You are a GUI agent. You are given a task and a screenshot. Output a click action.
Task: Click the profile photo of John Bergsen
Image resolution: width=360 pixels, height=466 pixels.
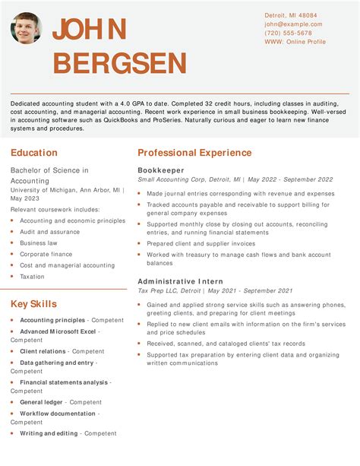click(x=27, y=28)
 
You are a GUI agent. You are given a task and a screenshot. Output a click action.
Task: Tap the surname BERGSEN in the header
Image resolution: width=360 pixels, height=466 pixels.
click(x=120, y=63)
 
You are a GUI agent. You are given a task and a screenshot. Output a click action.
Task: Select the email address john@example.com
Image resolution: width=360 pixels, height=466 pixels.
click(x=293, y=24)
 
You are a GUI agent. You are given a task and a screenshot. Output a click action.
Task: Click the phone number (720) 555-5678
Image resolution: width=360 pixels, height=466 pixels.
click(x=288, y=33)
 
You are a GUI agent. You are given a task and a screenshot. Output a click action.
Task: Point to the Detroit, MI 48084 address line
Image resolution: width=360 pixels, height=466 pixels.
click(x=291, y=15)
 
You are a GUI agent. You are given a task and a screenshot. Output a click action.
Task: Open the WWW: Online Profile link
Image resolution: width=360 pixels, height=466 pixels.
click(x=294, y=43)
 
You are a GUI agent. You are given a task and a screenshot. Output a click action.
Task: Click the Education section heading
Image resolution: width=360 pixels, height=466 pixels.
click(x=34, y=153)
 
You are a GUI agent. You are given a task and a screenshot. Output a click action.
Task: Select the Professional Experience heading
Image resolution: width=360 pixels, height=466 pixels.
click(x=194, y=153)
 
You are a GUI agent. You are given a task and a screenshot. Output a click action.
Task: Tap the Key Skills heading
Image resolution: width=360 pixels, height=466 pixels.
click(x=33, y=304)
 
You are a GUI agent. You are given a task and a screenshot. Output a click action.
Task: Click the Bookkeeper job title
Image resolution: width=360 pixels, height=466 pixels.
click(x=160, y=170)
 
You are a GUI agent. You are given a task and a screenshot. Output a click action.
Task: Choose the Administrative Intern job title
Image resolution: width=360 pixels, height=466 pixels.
click(x=180, y=281)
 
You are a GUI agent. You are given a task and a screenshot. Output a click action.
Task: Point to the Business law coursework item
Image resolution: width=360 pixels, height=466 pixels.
click(x=39, y=243)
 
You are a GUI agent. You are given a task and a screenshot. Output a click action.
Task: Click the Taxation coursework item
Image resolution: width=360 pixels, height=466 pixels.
click(x=32, y=277)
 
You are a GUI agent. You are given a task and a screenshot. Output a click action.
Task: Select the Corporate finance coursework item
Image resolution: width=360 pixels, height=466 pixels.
click(x=46, y=255)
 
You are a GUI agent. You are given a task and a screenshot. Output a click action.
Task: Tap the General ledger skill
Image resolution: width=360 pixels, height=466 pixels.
click(x=41, y=402)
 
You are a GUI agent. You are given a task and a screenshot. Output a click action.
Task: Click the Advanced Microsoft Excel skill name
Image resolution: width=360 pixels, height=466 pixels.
click(x=58, y=331)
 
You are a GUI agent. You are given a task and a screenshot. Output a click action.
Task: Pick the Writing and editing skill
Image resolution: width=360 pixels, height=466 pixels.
click(x=49, y=433)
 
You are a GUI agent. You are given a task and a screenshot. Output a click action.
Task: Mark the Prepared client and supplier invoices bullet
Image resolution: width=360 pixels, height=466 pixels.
click(x=201, y=243)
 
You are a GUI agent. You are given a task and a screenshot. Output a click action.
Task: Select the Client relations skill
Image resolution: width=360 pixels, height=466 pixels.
click(x=43, y=351)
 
